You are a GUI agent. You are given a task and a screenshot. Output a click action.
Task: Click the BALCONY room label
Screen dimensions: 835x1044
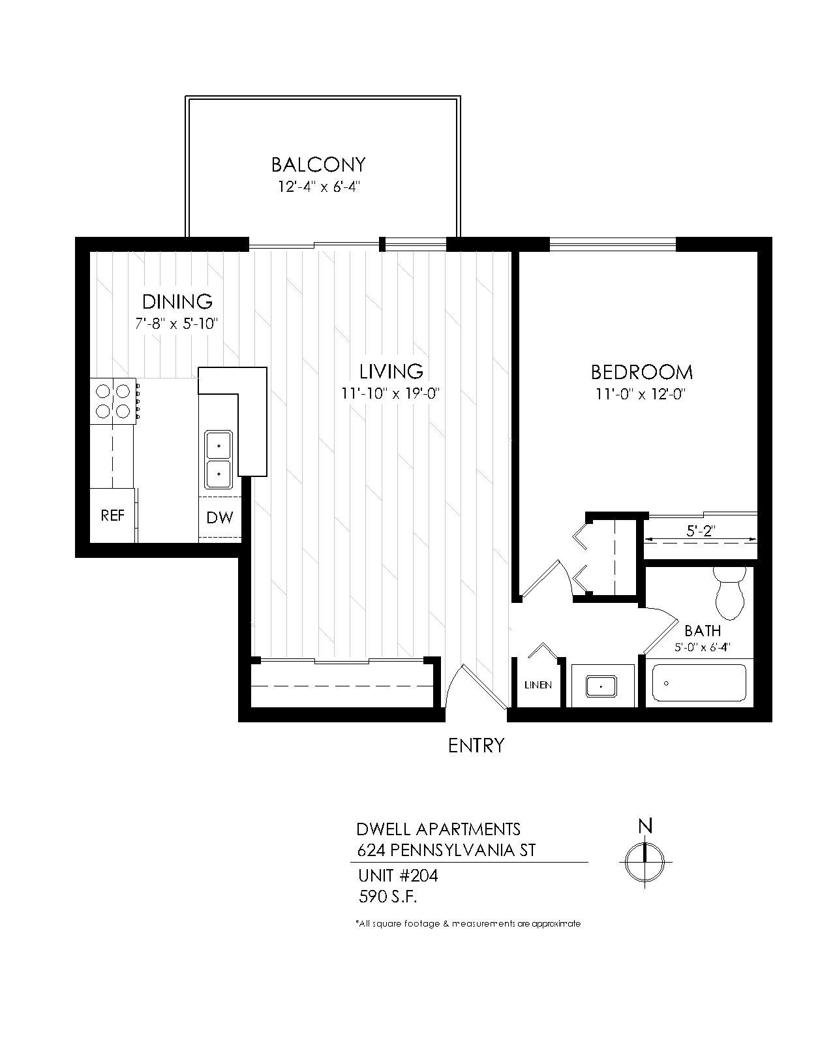point(318,165)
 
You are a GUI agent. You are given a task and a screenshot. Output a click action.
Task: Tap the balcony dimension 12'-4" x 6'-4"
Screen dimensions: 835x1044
point(318,187)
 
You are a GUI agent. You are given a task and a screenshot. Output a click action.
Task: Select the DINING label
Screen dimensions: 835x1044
point(177,301)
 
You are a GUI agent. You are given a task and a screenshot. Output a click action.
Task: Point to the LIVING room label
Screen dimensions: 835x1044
point(391,372)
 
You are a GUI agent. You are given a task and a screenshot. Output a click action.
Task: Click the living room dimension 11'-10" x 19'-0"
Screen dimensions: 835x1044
point(390,393)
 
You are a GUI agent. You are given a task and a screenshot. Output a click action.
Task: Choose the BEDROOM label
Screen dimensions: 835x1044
point(641,373)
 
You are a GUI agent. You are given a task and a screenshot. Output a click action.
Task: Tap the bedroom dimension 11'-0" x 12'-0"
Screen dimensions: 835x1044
point(641,394)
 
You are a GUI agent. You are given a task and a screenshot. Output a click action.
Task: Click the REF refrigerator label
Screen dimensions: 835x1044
point(113,515)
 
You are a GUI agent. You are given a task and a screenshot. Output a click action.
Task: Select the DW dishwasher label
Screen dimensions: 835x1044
point(220,517)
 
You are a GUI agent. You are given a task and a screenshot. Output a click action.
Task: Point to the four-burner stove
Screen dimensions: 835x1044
point(114,402)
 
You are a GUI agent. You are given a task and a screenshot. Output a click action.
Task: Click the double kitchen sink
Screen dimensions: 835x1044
point(219,459)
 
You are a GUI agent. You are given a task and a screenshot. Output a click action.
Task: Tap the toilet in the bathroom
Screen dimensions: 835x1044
point(729,593)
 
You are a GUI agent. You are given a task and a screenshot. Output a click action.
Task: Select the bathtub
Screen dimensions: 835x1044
point(699,683)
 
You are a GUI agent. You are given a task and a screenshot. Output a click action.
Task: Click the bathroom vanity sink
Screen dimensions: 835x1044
point(601,686)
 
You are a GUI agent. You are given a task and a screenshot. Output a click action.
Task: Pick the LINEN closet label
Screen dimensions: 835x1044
point(538,685)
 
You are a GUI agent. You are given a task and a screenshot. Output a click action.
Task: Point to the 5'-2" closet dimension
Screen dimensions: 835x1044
point(701,531)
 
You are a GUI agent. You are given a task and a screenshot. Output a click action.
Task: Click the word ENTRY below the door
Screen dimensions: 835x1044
point(476,746)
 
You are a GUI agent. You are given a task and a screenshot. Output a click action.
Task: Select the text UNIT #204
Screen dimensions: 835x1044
point(398,876)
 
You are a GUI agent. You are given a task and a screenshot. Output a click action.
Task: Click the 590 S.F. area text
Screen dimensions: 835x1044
point(387,897)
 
